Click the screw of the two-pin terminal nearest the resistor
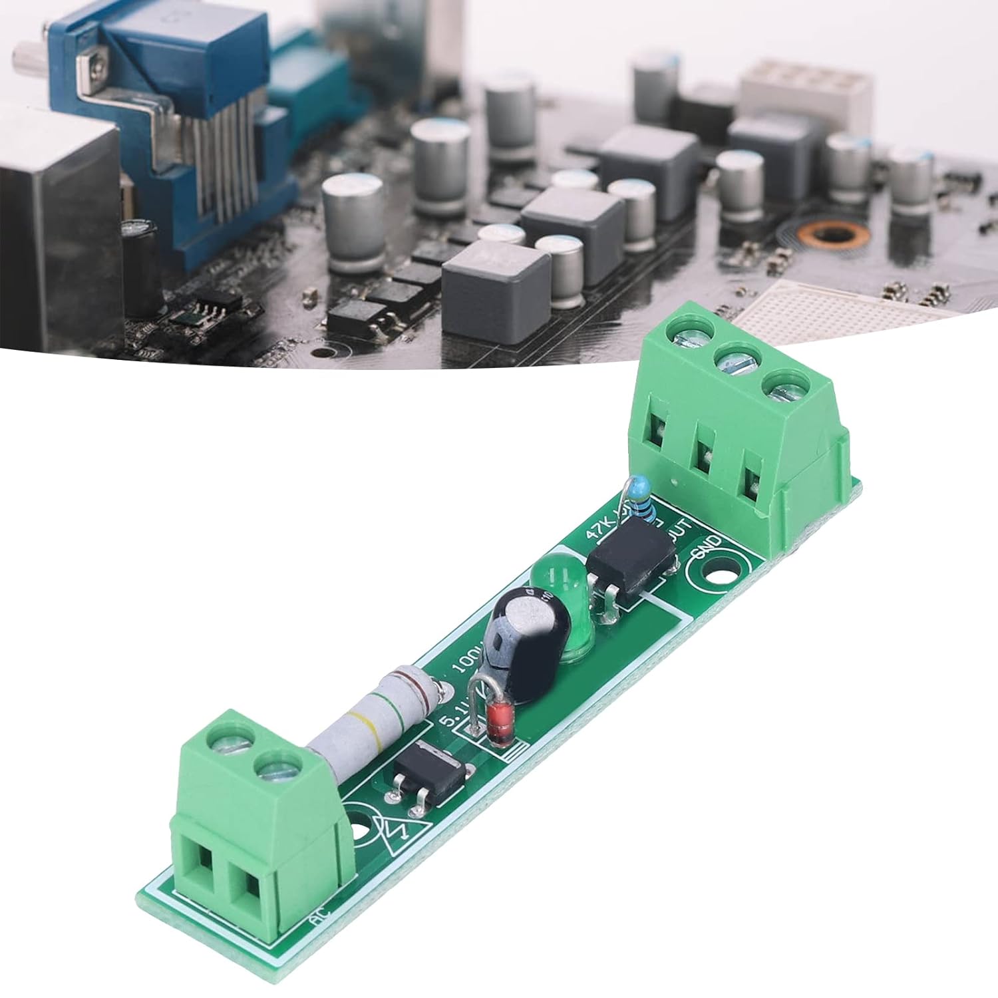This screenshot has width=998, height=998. pyautogui.click(x=273, y=770)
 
